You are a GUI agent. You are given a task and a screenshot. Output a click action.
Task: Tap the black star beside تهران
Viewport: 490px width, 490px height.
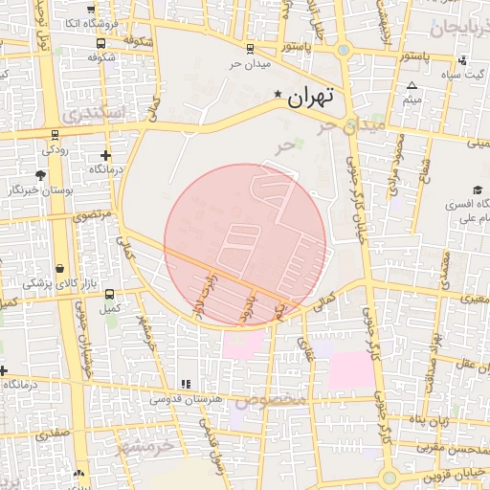[278, 94]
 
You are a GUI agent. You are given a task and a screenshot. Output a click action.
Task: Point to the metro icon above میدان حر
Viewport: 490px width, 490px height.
[250, 48]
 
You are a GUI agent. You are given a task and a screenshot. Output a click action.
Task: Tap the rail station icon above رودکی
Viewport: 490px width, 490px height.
[50, 135]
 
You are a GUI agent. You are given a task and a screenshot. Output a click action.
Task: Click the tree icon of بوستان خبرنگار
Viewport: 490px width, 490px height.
[40, 175]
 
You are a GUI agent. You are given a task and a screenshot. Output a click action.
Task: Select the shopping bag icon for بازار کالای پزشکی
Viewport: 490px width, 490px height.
[60, 269]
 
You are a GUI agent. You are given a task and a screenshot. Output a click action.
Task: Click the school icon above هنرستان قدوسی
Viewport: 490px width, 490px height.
[186, 384]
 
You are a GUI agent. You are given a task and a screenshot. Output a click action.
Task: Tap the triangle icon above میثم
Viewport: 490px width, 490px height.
[412, 85]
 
